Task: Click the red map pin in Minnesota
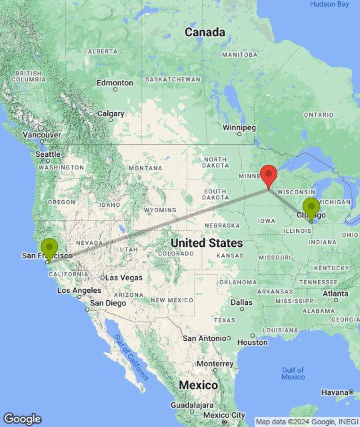pyautogui.click(x=269, y=175)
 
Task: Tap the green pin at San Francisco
pyautogui.click(x=49, y=248)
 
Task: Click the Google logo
pyautogui.click(x=22, y=418)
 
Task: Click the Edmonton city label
pyautogui.click(x=114, y=83)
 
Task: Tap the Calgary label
pyautogui.click(x=111, y=113)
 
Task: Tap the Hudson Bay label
pyautogui.click(x=329, y=4)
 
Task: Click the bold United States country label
pyautogui.click(x=206, y=243)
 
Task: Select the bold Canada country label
pyautogui.click(x=205, y=32)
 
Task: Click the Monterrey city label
pyautogui.click(x=214, y=364)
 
